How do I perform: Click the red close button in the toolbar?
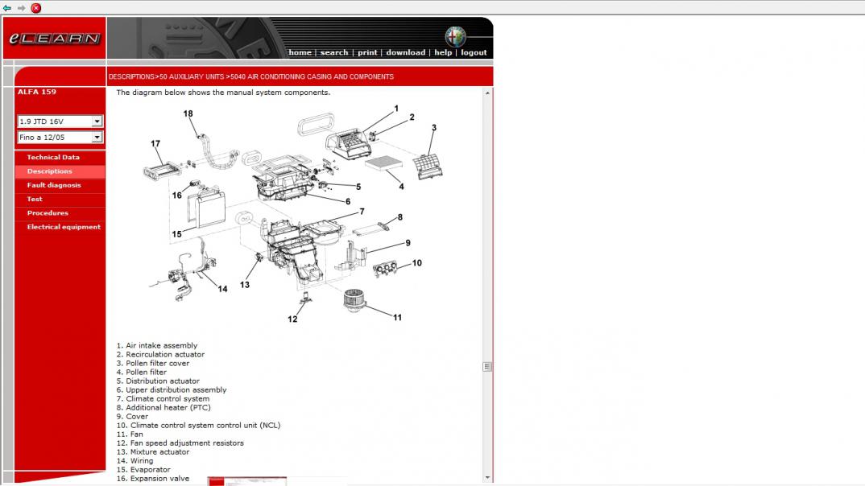[x=36, y=8]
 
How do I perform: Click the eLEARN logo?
[x=55, y=38]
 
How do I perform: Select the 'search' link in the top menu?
[x=334, y=52]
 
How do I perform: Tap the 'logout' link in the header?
[x=474, y=52]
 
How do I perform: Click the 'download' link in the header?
[x=405, y=52]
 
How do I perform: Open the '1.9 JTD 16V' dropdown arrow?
[x=97, y=121]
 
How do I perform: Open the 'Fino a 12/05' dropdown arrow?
[x=97, y=138]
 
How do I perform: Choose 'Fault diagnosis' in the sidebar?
[x=54, y=185]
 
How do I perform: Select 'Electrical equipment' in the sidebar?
[x=64, y=226]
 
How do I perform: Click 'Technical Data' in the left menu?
[x=53, y=157]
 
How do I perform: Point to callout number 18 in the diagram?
[x=188, y=113]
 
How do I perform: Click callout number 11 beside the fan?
[x=397, y=317]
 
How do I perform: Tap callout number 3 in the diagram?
[x=434, y=127]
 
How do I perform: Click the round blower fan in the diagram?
[x=354, y=300]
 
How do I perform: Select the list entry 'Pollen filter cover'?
[x=157, y=363]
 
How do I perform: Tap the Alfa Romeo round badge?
[x=456, y=36]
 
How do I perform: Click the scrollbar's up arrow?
[x=487, y=93]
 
